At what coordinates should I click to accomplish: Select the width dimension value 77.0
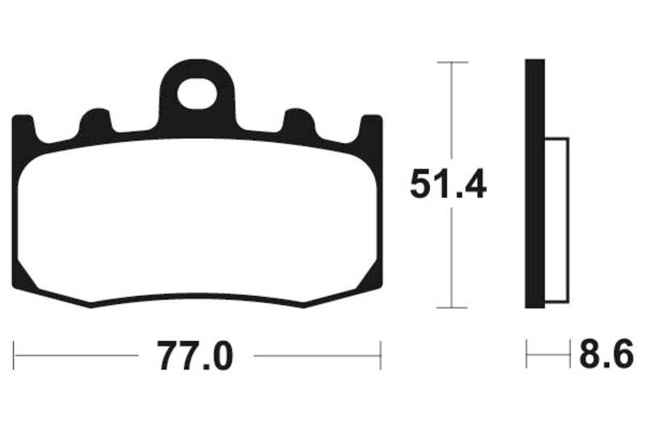(x=196, y=355)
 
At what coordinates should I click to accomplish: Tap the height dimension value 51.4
(x=448, y=185)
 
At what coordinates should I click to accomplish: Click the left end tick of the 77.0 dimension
(x=15, y=355)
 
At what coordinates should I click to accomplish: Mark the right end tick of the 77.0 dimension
(x=380, y=355)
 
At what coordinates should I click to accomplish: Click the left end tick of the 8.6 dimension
(x=527, y=355)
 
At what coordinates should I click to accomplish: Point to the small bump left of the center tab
(x=96, y=123)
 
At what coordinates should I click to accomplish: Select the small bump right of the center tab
(x=299, y=123)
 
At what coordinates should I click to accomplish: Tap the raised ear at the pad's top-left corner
(x=24, y=129)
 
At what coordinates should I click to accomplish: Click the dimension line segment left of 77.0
(x=77, y=355)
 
